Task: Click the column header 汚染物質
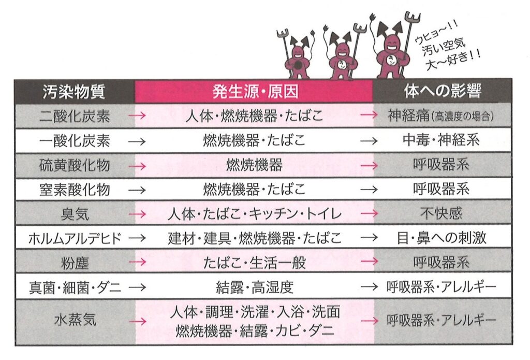coord(74,91)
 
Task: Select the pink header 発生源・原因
coord(256,91)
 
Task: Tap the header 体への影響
coord(443,91)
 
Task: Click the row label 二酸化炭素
coord(75,116)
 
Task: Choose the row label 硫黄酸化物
coord(75,165)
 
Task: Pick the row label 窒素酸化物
coord(75,190)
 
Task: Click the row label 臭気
coord(75,214)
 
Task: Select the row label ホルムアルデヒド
coord(75,239)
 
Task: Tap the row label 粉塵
coord(75,263)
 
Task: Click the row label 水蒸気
coord(75,320)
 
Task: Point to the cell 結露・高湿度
coord(255,287)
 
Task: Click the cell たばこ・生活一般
coord(255,263)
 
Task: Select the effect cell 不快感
coord(441,213)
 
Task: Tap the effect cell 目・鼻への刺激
coord(441,238)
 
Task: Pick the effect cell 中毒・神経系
coord(441,140)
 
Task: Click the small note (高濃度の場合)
coord(462,117)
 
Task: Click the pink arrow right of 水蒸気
coord(138,321)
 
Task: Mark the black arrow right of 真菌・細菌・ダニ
coord(137,287)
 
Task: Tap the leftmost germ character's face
coord(297,53)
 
